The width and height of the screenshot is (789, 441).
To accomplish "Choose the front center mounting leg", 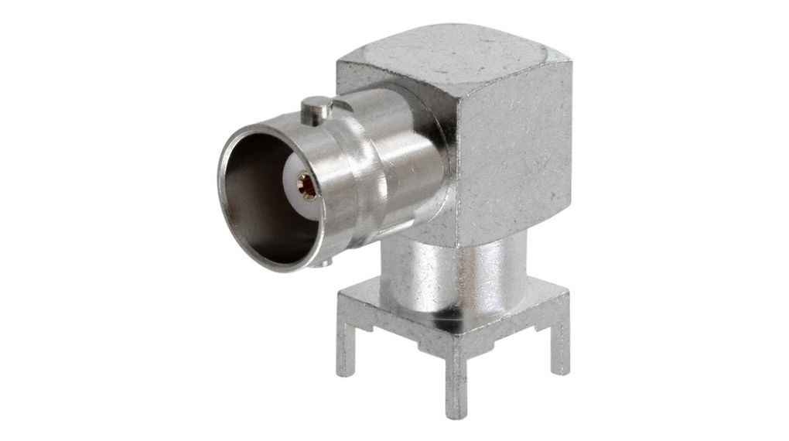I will pos(456,379).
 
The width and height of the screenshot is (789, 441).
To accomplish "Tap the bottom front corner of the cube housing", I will pos(456,236).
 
